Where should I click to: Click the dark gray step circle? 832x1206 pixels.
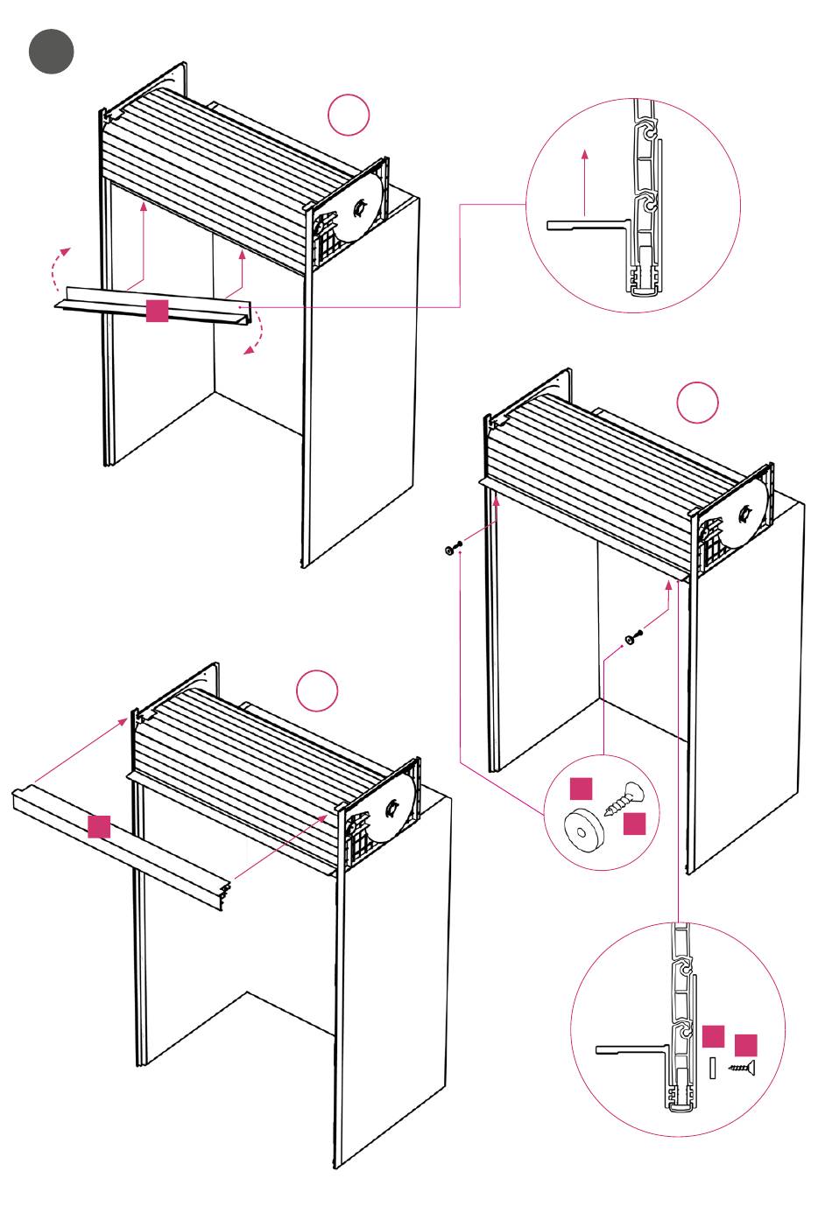pyautogui.click(x=51, y=51)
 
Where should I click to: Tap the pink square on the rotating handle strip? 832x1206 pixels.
pyautogui.click(x=157, y=311)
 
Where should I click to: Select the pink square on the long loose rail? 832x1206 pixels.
pyautogui.click(x=99, y=826)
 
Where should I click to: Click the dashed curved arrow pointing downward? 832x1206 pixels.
pyautogui.click(x=255, y=340)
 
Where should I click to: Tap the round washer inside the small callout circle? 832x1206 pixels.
pyautogui.click(x=580, y=827)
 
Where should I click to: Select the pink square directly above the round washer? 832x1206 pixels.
pyautogui.click(x=582, y=789)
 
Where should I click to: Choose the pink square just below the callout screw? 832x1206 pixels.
pyautogui.click(x=634, y=824)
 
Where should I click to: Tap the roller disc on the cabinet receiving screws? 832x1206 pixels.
pyautogui.click(x=746, y=513)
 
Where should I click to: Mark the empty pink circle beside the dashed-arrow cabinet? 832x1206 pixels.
pyautogui.click(x=349, y=116)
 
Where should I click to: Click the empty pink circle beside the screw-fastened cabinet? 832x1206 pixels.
pyautogui.click(x=697, y=403)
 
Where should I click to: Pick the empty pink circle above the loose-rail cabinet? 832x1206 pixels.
pyautogui.click(x=317, y=691)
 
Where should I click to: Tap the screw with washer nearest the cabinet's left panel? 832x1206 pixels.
pyautogui.click(x=452, y=549)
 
